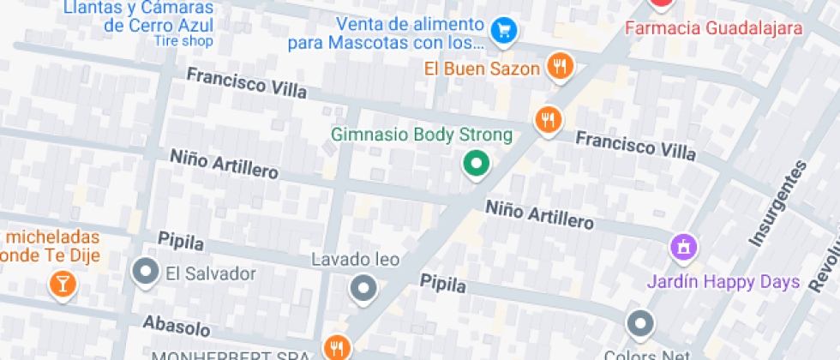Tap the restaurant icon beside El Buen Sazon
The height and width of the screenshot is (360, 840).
click(x=561, y=67)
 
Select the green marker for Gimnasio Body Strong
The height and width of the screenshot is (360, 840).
click(x=475, y=163)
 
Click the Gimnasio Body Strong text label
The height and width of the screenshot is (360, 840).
click(x=422, y=135)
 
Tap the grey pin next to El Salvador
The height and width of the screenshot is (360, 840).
click(x=146, y=273)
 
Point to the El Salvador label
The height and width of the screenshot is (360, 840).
click(x=211, y=274)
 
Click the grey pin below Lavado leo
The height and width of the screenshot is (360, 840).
click(x=363, y=288)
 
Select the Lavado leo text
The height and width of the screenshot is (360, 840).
click(x=355, y=259)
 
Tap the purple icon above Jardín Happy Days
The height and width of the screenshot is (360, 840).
click(x=683, y=249)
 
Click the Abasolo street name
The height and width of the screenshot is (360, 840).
click(x=177, y=327)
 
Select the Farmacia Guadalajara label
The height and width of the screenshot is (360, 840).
click(x=714, y=28)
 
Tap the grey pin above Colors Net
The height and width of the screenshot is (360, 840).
click(x=640, y=324)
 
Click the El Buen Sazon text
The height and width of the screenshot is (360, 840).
click(x=482, y=68)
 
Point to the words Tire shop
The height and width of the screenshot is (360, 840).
click(x=183, y=41)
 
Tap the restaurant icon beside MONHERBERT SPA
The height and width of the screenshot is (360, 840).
click(x=336, y=347)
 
